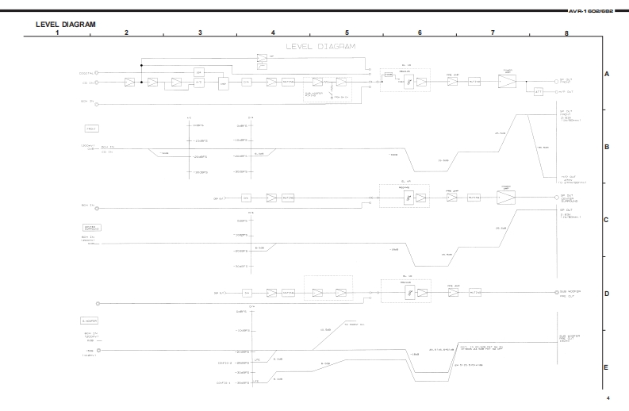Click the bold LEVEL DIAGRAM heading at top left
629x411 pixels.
tap(66, 25)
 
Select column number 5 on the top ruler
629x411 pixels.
tap(347, 33)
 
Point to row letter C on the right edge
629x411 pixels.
tap(606, 221)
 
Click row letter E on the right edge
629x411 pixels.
tap(606, 367)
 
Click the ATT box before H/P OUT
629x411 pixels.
tap(539, 91)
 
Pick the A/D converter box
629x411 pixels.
tap(199, 82)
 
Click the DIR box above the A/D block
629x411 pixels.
tap(199, 71)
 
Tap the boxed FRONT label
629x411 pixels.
tap(92, 128)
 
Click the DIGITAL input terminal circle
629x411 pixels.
tap(107, 72)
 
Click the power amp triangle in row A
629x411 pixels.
tap(505, 82)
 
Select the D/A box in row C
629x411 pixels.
tap(247, 198)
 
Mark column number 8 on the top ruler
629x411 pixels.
tap(566, 33)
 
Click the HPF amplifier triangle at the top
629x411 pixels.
tap(262, 58)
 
